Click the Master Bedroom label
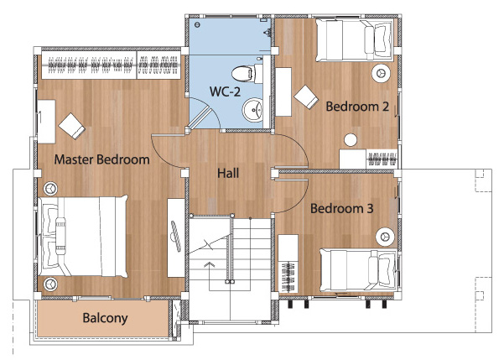[x=102, y=159]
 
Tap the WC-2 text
[x=225, y=91]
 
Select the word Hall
[x=228, y=174]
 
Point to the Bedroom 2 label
[x=357, y=107]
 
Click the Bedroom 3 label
[x=342, y=209]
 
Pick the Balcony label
[x=105, y=318]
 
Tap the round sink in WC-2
[x=252, y=110]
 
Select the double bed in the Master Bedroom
[x=83, y=237]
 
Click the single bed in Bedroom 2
[x=354, y=39]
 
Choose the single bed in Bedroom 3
[x=359, y=269]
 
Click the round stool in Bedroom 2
[x=351, y=140]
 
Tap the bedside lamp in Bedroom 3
[x=385, y=237]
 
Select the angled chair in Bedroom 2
[x=306, y=97]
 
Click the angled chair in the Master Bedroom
[x=71, y=126]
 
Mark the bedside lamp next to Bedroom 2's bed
[x=382, y=73]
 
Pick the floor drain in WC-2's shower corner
[x=197, y=24]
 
